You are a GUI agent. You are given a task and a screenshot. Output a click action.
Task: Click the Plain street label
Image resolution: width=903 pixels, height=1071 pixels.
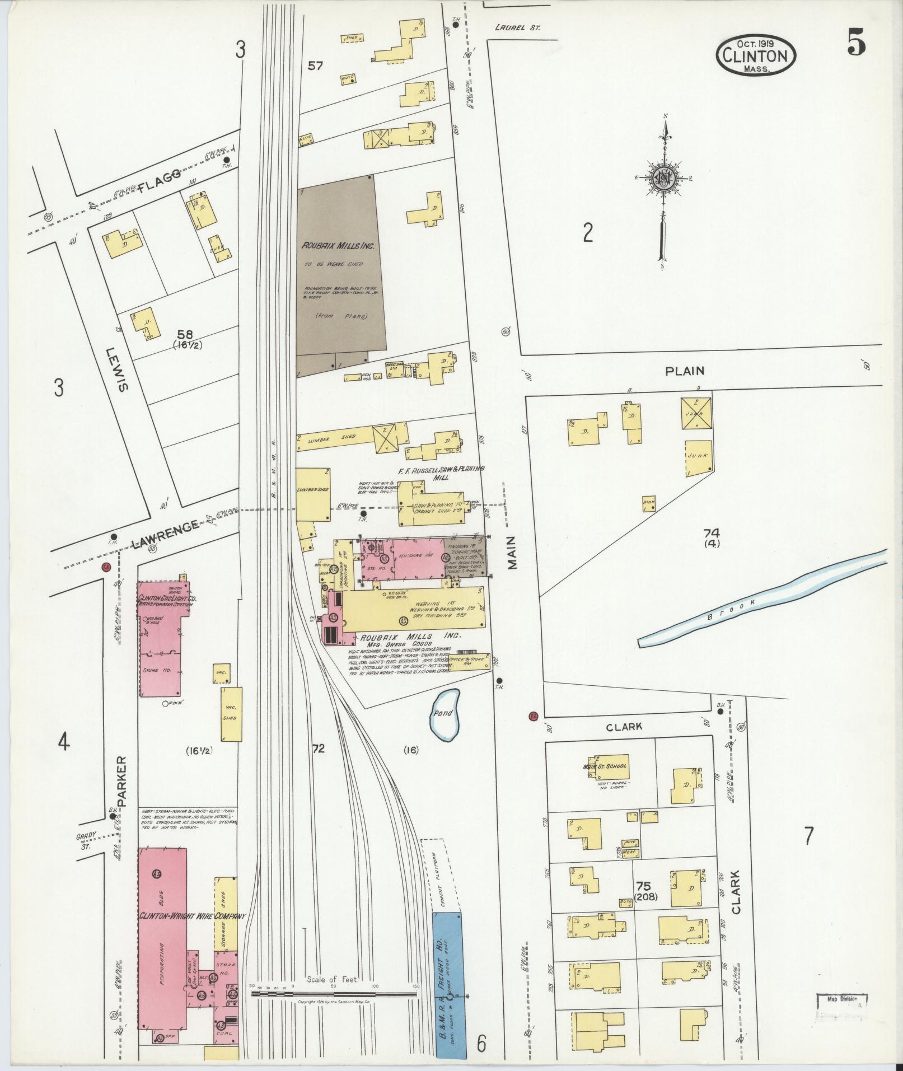[685, 371]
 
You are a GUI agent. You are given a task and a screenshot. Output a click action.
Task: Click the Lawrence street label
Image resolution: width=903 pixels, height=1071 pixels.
[166, 532]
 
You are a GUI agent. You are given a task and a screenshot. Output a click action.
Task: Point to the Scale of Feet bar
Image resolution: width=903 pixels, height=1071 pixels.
[334, 994]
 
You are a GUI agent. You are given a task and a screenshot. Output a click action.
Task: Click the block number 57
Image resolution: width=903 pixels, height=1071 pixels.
[316, 66]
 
